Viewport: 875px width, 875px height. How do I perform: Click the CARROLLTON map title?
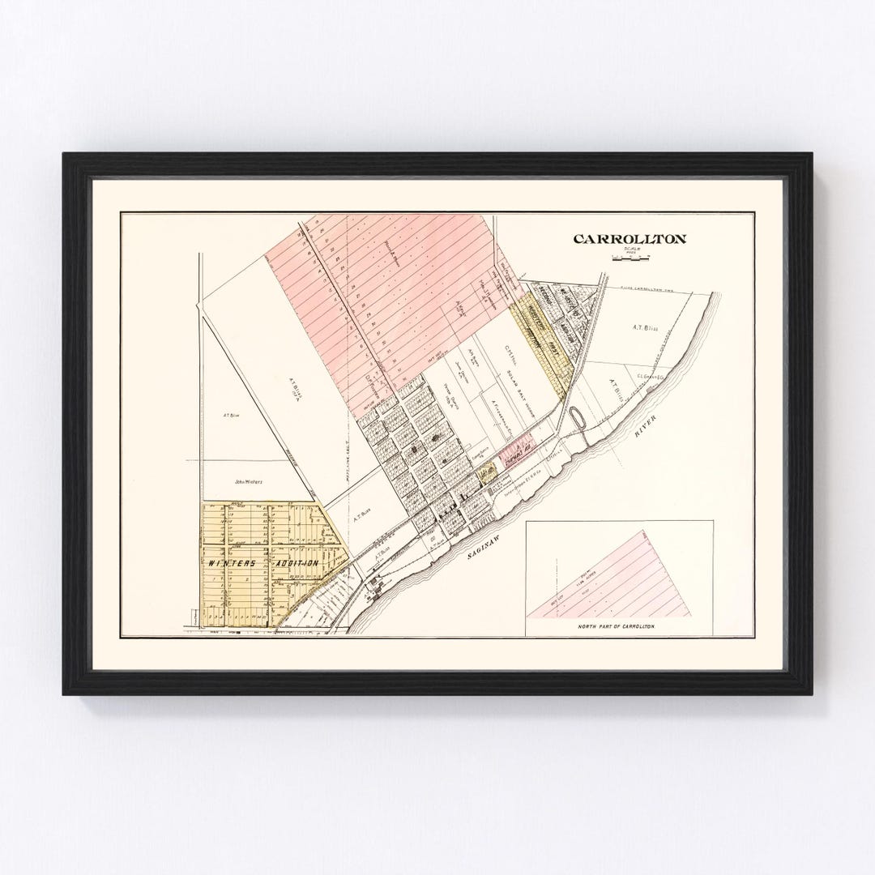(630, 239)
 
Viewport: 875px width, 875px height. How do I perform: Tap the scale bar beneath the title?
(631, 258)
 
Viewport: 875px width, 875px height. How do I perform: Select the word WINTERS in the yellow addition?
(232, 563)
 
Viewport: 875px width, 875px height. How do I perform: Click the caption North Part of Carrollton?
(617, 628)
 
